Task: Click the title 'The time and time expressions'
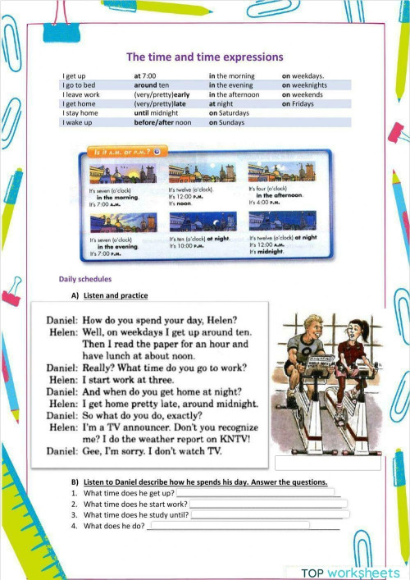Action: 204,57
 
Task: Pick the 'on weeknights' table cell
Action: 304,85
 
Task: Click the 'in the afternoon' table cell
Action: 234,94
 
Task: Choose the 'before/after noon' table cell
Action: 162,122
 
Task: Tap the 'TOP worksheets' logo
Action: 350,572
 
